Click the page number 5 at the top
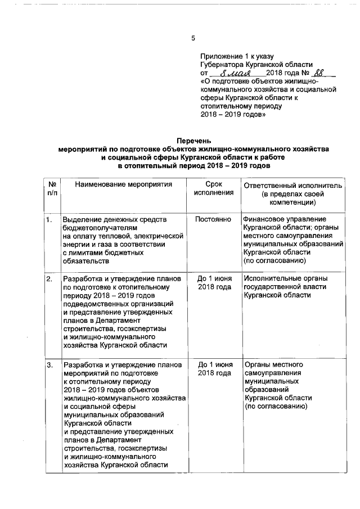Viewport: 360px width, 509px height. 193,39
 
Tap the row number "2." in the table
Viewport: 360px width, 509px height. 49,279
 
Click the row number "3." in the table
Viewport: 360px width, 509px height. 49,366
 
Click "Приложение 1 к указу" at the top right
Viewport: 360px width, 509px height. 237,56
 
